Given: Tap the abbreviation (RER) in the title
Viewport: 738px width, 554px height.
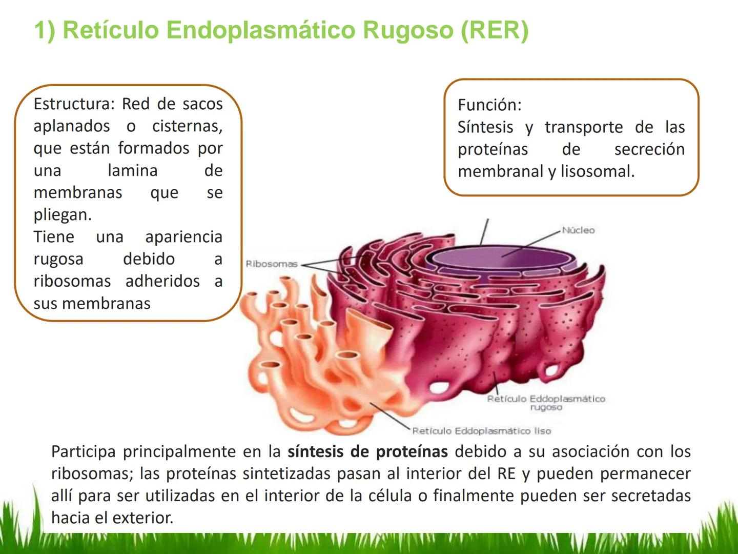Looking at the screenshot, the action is pyautogui.click(x=495, y=31).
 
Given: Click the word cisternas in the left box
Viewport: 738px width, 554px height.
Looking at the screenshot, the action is pyautogui.click(x=187, y=127).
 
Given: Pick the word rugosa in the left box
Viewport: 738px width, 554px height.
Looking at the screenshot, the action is pyautogui.click(x=58, y=260).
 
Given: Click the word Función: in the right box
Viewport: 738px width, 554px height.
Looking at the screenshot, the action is pyautogui.click(x=489, y=105).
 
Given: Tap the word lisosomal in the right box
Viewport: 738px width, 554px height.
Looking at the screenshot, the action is pyautogui.click(x=598, y=171).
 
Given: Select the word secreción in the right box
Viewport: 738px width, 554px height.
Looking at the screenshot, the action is pyautogui.click(x=649, y=150).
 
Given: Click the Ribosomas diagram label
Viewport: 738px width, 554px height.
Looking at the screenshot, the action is pyautogui.click(x=272, y=264).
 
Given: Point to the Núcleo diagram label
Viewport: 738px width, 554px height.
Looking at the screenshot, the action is pyautogui.click(x=578, y=230).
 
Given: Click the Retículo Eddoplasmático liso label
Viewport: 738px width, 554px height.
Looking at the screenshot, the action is pyautogui.click(x=481, y=431).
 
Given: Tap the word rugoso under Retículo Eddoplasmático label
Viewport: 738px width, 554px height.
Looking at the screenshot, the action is pyautogui.click(x=546, y=408).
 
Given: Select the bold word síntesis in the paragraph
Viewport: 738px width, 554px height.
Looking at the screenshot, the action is pyautogui.click(x=315, y=452).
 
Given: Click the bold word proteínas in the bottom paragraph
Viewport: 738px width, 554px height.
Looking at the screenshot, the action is pyautogui.click(x=412, y=452).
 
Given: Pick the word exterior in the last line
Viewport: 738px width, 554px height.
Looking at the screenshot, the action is pyautogui.click(x=142, y=518).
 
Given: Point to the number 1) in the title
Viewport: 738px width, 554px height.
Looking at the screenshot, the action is pyautogui.click(x=45, y=31).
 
